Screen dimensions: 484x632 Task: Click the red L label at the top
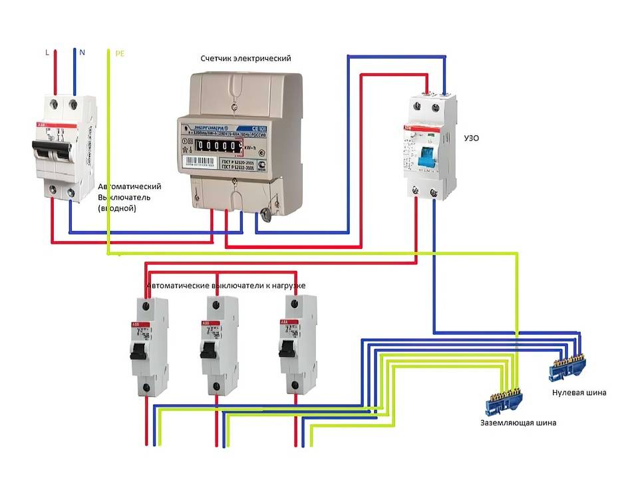pyautogui.click(x=46, y=51)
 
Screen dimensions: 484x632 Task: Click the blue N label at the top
pyautogui.click(x=82, y=51)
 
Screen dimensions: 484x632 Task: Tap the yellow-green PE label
pyautogui.click(x=119, y=52)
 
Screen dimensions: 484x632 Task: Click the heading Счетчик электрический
pyautogui.click(x=245, y=59)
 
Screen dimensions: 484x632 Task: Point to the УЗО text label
pyautogui.click(x=470, y=138)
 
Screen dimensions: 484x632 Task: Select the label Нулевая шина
pyautogui.click(x=579, y=393)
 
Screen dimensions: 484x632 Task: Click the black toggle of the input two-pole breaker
pyautogui.click(x=53, y=151)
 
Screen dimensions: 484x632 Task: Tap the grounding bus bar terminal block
pyautogui.click(x=504, y=399)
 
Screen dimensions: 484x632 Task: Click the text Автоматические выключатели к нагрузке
pyautogui.click(x=226, y=286)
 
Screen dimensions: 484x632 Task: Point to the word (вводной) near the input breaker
pyautogui.click(x=117, y=208)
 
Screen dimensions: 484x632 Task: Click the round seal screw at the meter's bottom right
pyautogui.click(x=266, y=214)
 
